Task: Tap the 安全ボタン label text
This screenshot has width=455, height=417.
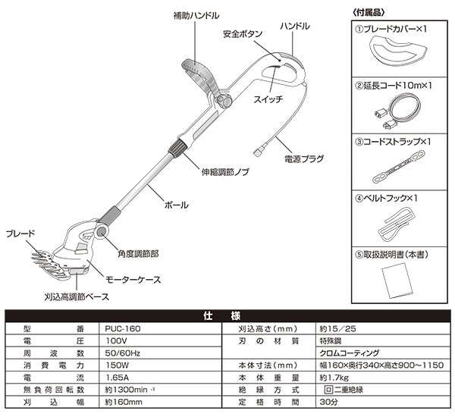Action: click(243, 35)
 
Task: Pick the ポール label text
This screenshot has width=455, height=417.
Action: click(176, 205)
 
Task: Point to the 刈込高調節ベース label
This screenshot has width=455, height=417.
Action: click(75, 296)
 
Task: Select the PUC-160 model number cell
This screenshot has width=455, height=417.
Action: click(120, 329)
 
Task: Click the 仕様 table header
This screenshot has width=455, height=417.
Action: click(227, 315)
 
